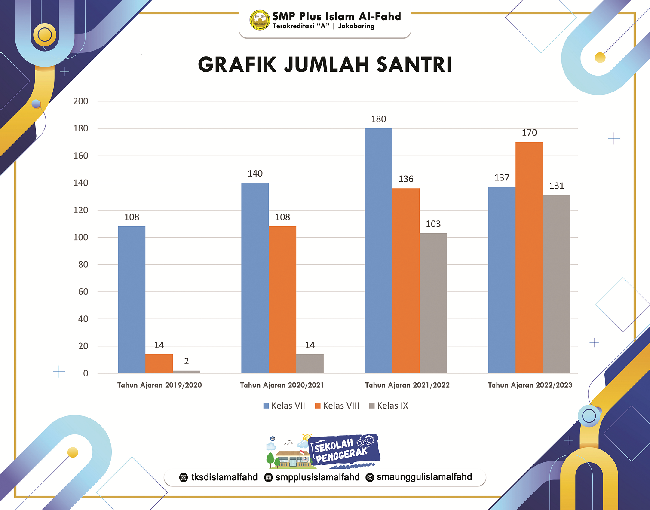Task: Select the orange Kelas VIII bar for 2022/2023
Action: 529,257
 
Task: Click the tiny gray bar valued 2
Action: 187,372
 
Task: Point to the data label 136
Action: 406,179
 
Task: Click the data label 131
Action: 557,186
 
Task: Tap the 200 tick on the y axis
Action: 81,101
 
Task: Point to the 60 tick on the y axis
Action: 83,292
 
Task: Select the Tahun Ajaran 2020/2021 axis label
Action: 282,385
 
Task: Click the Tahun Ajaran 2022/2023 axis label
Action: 530,385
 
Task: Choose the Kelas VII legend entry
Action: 284,406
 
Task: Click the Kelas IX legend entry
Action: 389,406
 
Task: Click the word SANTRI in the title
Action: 414,65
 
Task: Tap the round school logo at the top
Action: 260,20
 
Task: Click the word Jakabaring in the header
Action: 356,26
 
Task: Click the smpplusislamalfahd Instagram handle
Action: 317,477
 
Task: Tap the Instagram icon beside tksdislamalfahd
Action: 184,477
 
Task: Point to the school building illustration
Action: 292,458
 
